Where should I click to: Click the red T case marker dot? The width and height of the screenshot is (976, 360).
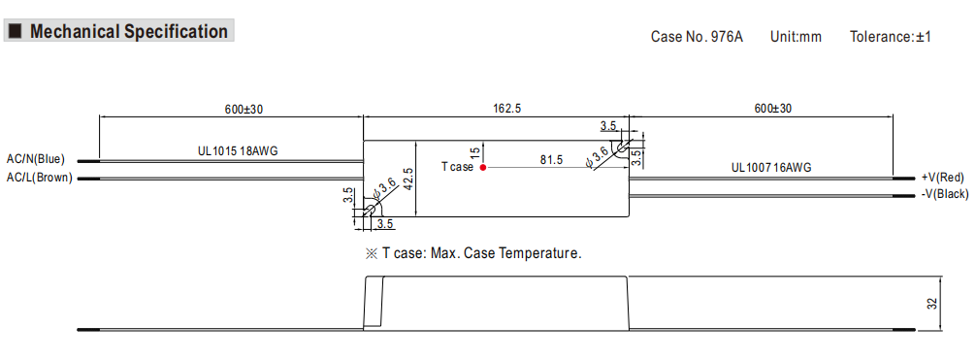(483, 167)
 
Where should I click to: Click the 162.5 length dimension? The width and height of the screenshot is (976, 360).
(507, 109)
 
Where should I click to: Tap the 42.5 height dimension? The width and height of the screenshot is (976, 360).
(408, 180)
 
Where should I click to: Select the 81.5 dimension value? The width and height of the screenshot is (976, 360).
(551, 160)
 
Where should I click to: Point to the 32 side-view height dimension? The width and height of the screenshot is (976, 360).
(931, 304)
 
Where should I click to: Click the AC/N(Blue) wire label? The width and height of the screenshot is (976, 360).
(36, 159)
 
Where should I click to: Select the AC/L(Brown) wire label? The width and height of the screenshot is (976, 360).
(39, 179)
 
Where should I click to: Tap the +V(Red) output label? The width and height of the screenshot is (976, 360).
(942, 178)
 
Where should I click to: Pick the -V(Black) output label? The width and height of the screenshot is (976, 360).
(945, 194)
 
